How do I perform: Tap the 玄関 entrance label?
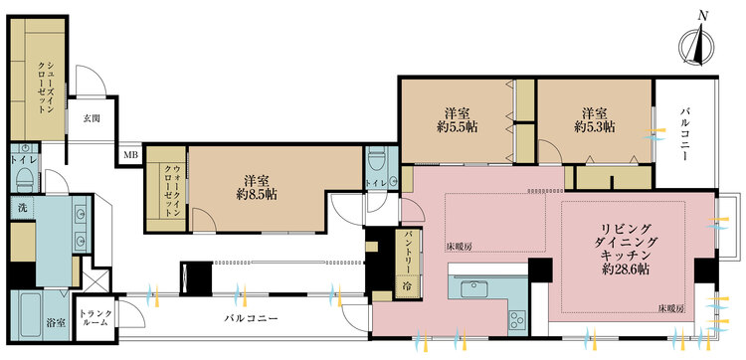click(x=92, y=118)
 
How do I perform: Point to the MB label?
click(x=130, y=155)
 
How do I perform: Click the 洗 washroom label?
click(x=21, y=208)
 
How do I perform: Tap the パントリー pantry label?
click(x=410, y=255)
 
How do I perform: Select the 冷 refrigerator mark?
click(x=408, y=285)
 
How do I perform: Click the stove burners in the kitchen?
click(x=517, y=319)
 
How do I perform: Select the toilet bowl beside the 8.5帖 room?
click(x=377, y=162)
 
